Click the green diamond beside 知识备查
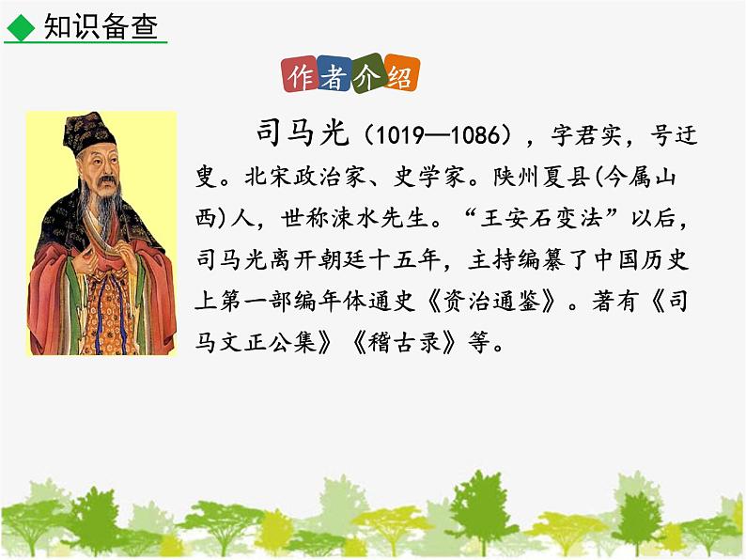19,27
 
